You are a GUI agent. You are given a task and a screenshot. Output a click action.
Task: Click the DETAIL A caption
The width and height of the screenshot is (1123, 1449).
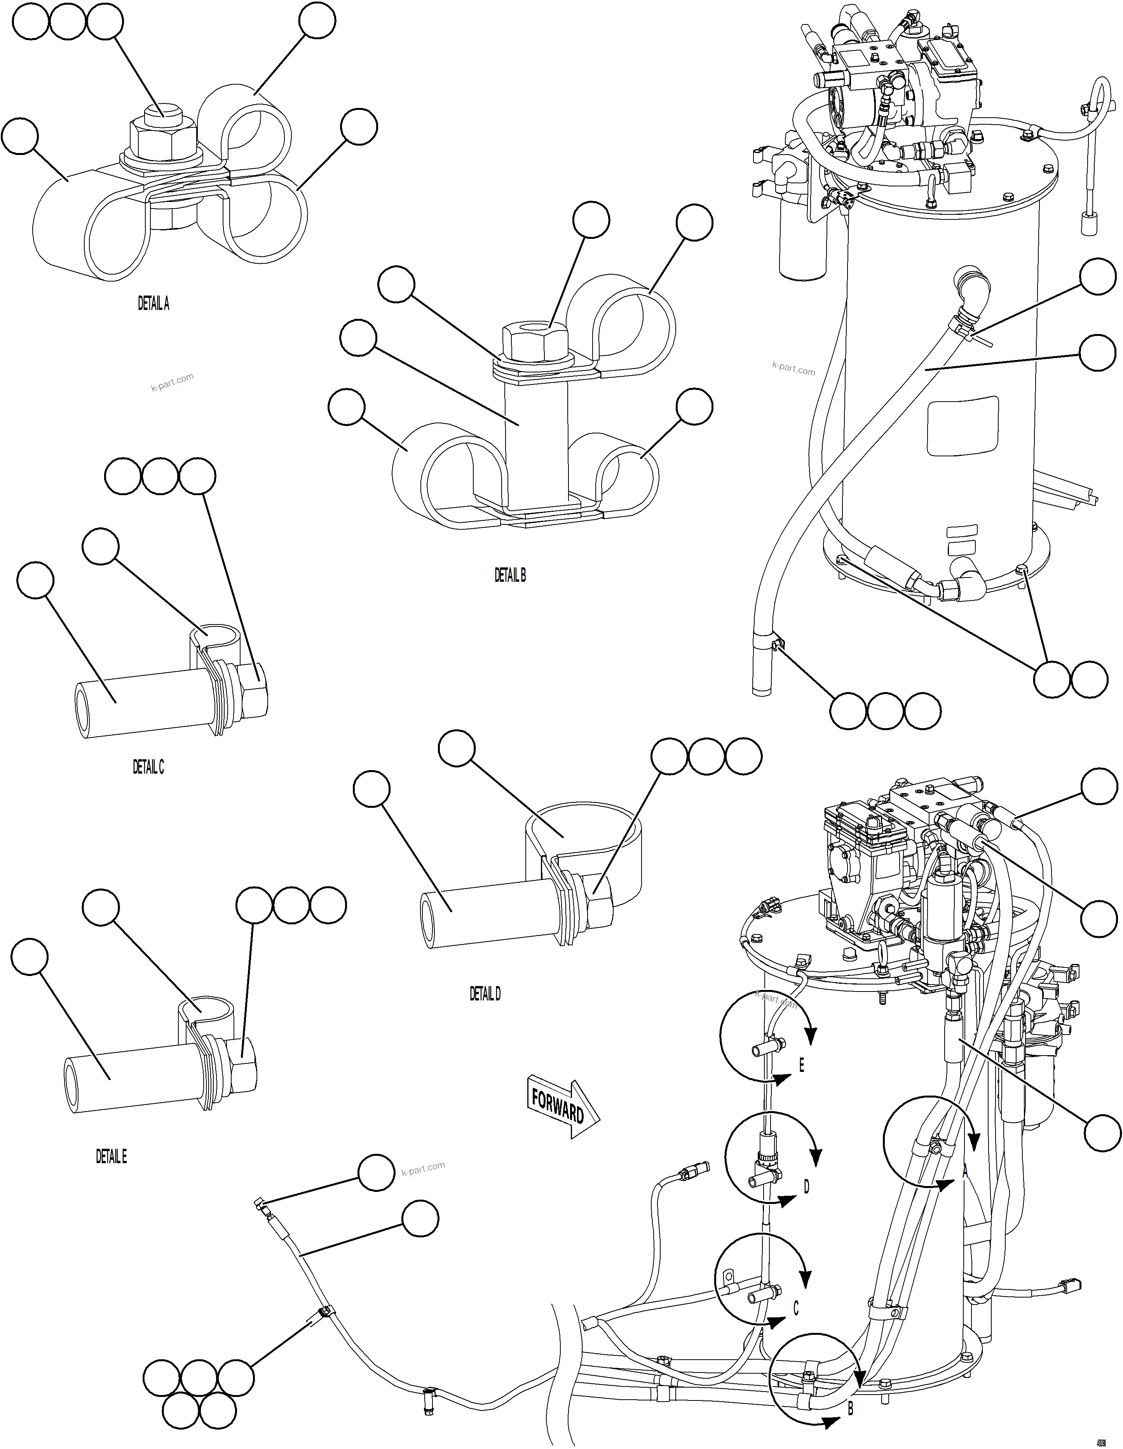pos(153,303)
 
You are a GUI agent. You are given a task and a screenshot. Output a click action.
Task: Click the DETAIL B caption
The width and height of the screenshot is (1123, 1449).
pos(510,575)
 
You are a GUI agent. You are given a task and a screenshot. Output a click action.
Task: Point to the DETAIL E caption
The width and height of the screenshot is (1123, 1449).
pos(111,1157)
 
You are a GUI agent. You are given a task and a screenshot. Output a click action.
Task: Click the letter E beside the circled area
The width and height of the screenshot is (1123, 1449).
pos(801,1066)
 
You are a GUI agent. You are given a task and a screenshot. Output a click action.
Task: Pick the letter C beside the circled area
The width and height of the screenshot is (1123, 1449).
pos(796,1308)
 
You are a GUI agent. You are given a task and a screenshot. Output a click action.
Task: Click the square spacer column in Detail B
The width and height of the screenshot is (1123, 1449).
pos(535,441)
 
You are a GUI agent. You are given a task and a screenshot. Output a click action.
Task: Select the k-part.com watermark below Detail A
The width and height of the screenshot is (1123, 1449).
pos(172,381)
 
